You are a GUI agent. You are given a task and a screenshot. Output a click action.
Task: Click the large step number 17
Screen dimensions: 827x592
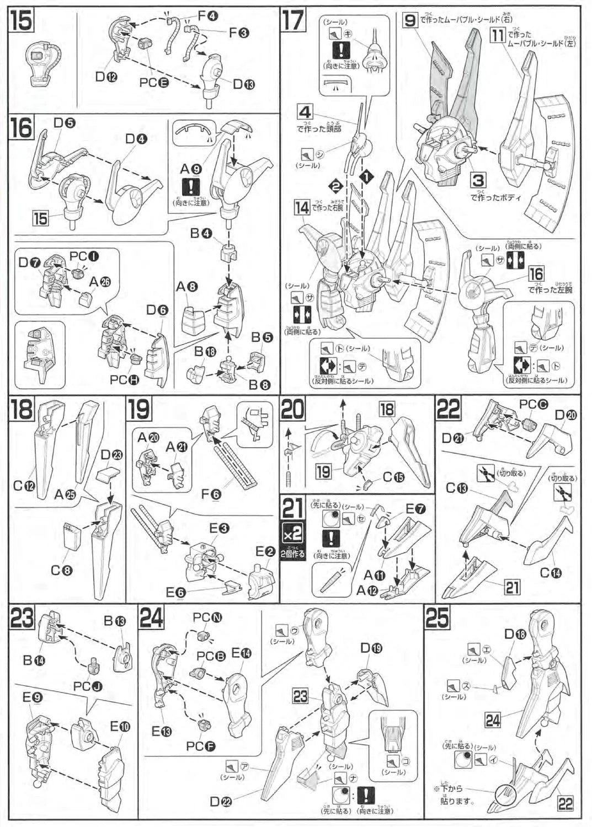294,20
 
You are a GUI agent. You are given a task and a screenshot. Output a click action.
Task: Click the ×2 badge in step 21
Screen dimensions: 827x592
292,534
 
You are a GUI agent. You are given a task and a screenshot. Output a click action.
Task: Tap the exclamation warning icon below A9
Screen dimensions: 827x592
191,187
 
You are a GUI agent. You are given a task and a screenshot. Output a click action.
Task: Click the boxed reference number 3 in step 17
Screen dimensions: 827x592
478,180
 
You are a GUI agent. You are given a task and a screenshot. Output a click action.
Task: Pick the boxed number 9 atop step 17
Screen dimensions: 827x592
409,21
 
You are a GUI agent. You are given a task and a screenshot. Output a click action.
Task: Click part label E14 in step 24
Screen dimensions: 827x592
241,653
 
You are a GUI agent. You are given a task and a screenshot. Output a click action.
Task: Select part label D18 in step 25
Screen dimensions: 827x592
518,634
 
